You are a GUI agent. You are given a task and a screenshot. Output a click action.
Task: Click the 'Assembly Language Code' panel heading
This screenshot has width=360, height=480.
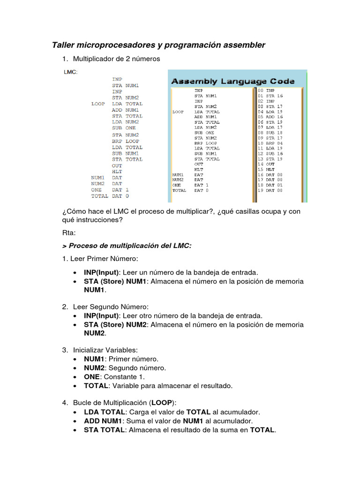tap(233, 81)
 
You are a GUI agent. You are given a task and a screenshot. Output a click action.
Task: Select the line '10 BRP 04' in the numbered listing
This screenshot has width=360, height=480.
tap(270, 143)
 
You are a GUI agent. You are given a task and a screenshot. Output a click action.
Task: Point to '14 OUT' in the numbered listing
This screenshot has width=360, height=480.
tap(266, 164)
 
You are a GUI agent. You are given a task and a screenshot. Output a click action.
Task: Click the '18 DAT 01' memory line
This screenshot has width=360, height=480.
tap(270, 185)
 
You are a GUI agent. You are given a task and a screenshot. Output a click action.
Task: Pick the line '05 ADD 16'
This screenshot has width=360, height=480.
tap(270, 117)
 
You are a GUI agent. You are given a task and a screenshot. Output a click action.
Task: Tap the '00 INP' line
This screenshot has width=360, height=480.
tap(266, 90)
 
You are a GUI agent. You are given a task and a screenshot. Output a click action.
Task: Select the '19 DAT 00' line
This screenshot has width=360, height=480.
tap(270, 191)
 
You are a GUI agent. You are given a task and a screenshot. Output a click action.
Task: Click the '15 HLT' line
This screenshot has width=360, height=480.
tap(266, 169)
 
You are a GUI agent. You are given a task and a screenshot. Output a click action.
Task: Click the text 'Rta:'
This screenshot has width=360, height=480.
tap(68, 232)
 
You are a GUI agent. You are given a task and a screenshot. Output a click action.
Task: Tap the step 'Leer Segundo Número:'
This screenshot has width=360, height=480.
tap(106, 307)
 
